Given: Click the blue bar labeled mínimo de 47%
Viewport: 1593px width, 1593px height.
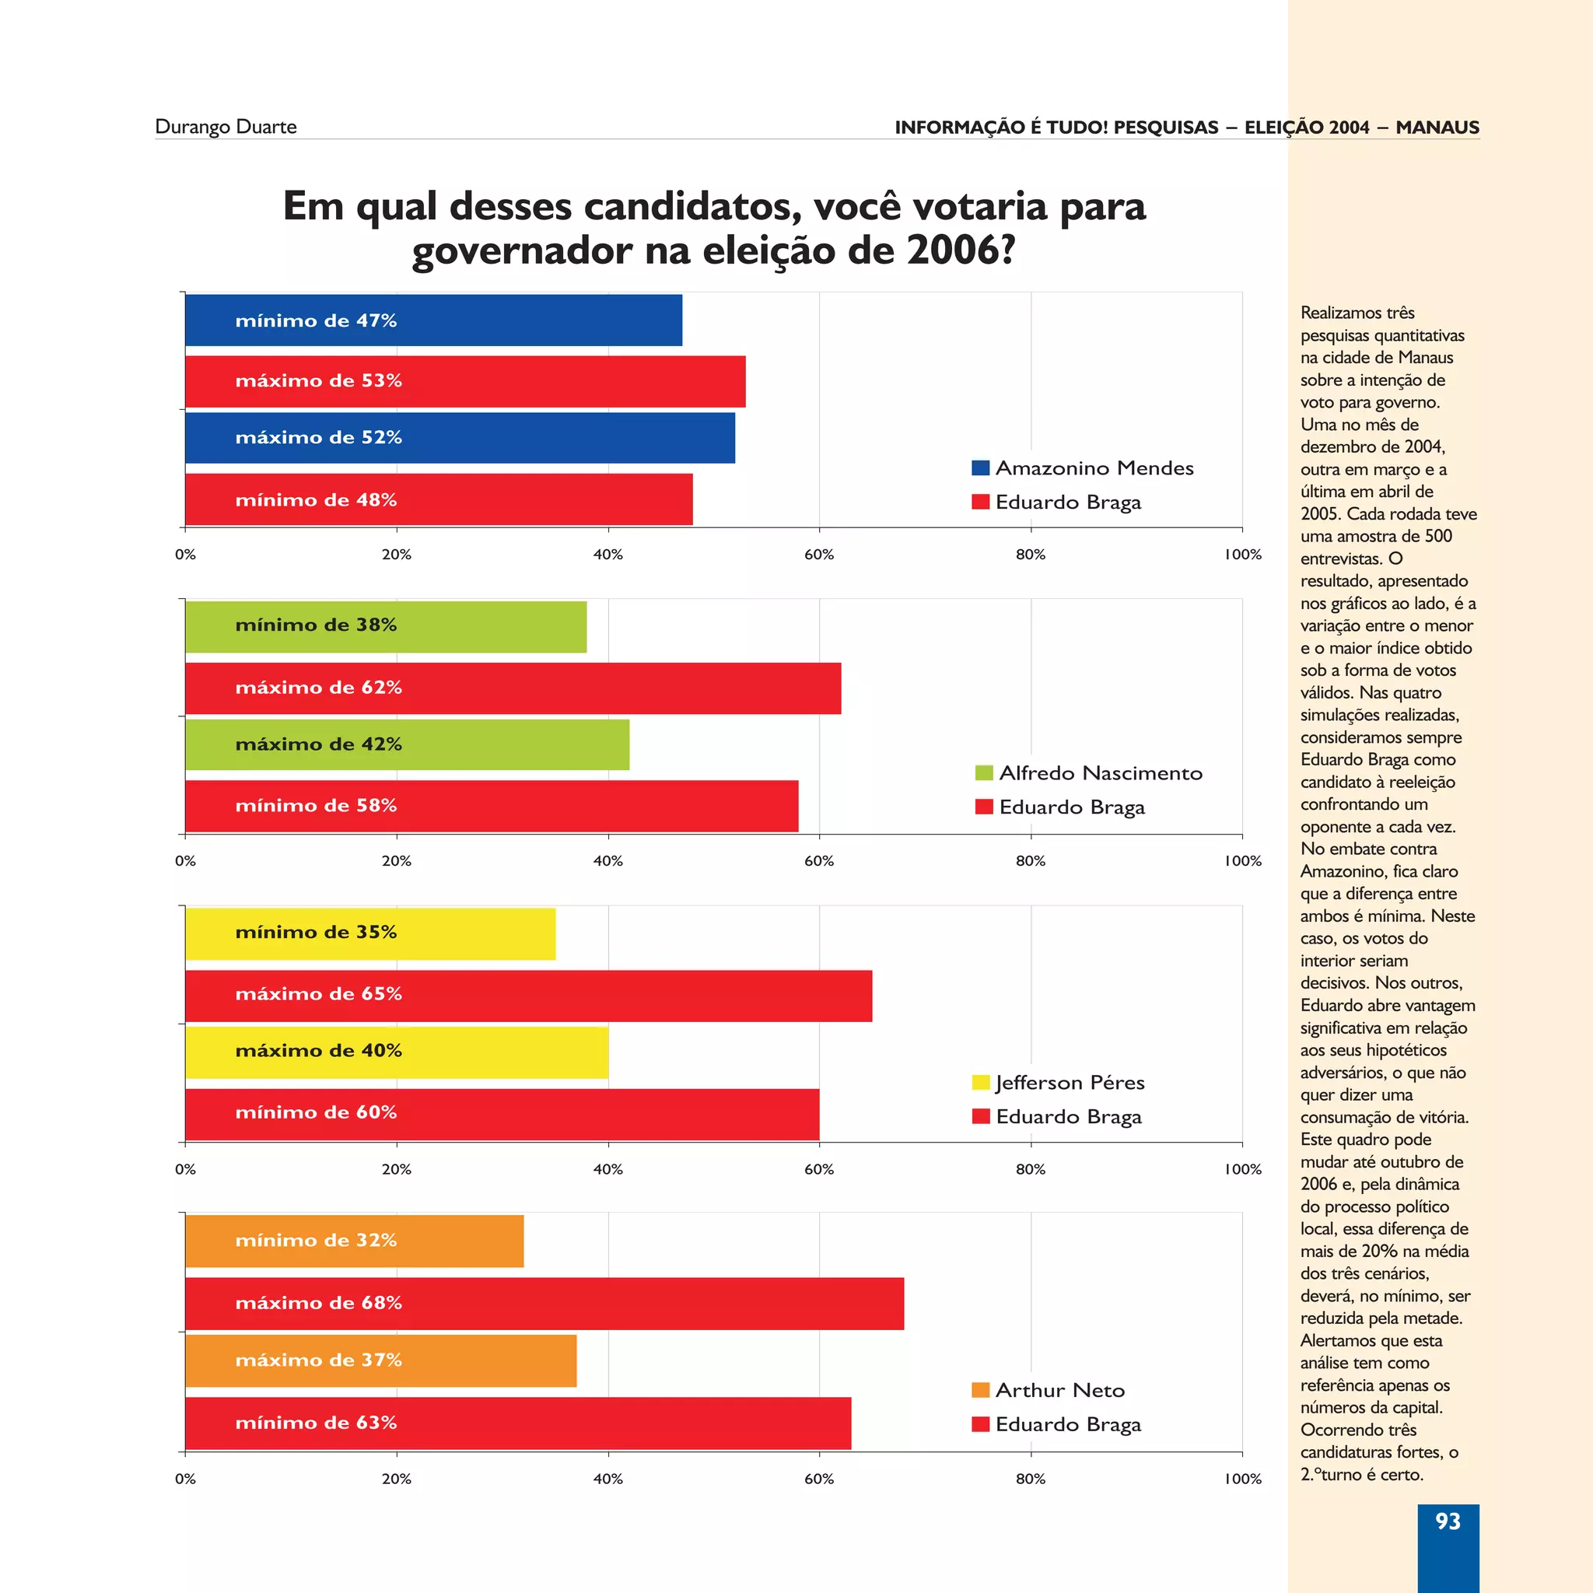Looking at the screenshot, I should (433, 320).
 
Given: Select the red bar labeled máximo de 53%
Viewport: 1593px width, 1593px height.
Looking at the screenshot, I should (465, 381).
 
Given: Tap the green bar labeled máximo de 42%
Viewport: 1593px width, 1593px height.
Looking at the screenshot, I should (408, 744).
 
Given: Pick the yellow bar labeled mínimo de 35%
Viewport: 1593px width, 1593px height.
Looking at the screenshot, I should (370, 933).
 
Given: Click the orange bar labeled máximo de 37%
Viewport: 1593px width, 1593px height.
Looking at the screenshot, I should (381, 1360).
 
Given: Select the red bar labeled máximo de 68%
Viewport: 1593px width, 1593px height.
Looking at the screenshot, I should (544, 1303).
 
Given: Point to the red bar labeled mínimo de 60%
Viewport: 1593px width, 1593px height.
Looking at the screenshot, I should (502, 1113).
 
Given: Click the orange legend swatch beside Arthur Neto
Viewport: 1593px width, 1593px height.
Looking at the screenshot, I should (980, 1390).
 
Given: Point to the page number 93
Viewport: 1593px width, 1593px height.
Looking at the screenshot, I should (1447, 1521).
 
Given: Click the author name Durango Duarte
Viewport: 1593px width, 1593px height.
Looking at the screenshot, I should (226, 127).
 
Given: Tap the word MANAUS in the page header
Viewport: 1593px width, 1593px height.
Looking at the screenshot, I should (1437, 128).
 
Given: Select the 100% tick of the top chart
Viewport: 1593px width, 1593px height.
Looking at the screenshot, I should (1242, 555).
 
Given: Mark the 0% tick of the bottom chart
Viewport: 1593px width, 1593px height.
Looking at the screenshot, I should (186, 1479).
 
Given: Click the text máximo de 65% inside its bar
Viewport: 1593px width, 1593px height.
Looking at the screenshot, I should (318, 994).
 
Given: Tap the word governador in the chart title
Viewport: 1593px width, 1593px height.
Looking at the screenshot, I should (522, 250).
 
